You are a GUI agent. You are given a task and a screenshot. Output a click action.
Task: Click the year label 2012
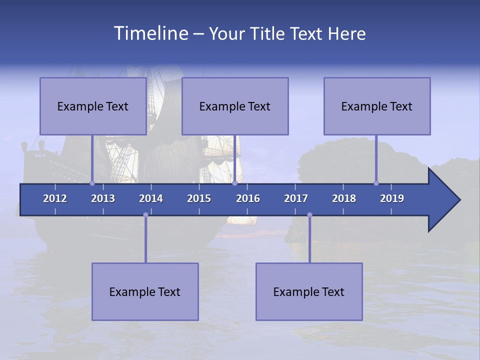[55, 198]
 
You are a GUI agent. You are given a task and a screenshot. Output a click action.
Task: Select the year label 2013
[103, 198]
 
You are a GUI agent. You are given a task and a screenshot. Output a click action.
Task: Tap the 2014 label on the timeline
[151, 198]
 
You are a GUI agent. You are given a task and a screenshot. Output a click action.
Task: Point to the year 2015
[199, 198]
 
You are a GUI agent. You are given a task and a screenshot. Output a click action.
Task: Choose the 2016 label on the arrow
[248, 198]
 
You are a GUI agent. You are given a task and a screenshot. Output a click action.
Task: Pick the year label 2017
[296, 198]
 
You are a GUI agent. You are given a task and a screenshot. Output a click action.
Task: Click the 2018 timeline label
[344, 198]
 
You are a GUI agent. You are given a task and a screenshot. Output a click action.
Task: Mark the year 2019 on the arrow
[392, 198]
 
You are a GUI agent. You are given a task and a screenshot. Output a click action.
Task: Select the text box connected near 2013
[93, 106]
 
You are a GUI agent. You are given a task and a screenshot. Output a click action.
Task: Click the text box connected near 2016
[235, 106]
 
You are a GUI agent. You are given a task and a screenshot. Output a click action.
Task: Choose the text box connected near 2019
[377, 106]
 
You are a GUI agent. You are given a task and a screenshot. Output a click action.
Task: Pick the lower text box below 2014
[145, 291]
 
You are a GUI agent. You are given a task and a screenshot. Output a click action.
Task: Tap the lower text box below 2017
[309, 291]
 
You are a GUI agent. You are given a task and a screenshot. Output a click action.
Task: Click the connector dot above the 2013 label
[92, 183]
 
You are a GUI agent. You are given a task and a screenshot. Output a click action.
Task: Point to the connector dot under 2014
[145, 215]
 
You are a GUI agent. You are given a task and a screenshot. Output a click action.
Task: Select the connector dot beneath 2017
[309, 215]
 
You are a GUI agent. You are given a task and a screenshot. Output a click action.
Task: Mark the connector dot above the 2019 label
[376, 183]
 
